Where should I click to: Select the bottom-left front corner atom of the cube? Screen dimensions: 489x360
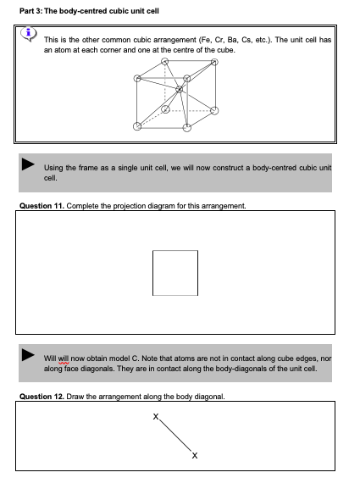(138, 126)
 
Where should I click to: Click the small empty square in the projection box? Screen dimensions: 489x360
(175, 272)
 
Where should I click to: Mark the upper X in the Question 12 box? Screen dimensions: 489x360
(156, 417)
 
